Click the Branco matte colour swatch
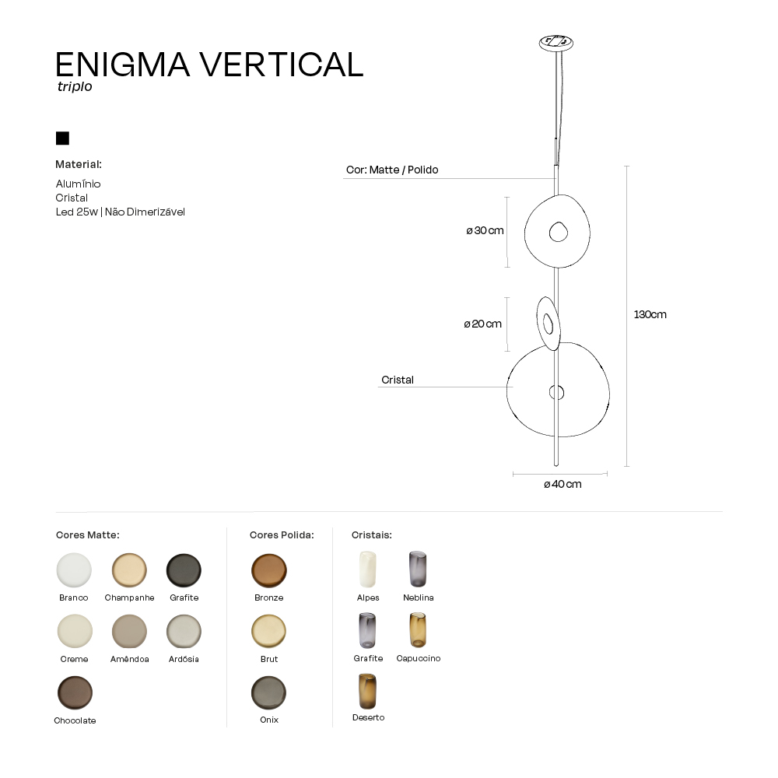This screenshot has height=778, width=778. click(74, 570)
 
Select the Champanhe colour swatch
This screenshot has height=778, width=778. click(129, 570)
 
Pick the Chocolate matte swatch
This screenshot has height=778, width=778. click(75, 692)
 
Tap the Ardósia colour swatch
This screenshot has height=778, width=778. click(184, 632)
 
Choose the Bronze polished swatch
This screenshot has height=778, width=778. click(269, 570)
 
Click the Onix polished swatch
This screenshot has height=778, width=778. click(269, 692)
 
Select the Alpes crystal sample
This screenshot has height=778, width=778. click(368, 569)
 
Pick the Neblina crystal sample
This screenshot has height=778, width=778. click(418, 569)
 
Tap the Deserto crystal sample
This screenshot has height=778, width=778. click(368, 691)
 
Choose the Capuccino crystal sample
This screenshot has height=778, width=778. click(418, 630)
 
